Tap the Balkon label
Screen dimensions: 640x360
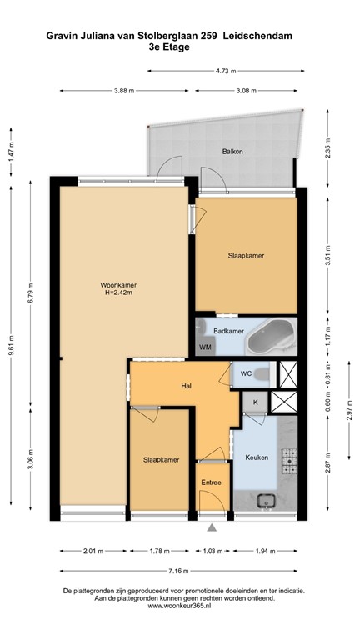(232, 152)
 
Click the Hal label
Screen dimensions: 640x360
(187, 386)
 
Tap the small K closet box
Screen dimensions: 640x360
(255, 402)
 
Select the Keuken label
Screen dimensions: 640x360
(255, 457)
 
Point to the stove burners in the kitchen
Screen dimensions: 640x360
(289, 457)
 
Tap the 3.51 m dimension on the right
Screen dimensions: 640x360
(328, 257)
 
